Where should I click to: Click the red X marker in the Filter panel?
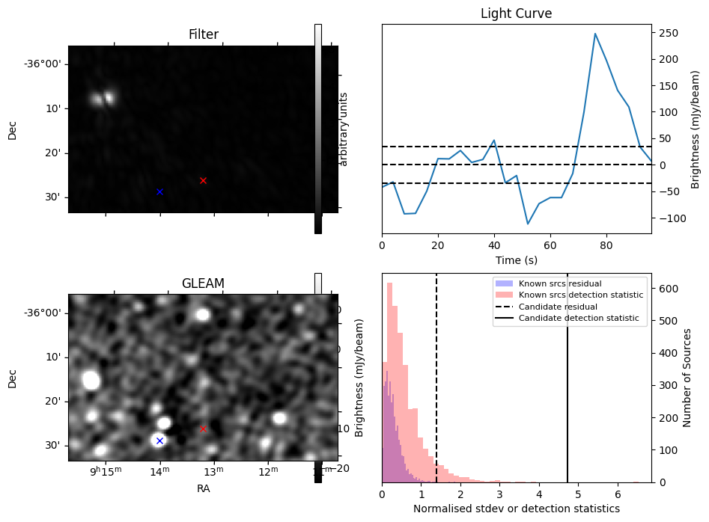(x=203, y=180)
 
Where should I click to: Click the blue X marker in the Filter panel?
(x=159, y=191)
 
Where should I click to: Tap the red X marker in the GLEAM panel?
(x=203, y=429)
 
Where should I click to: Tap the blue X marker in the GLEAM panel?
(x=159, y=440)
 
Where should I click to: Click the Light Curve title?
(x=516, y=13)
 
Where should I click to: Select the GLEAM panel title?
(x=203, y=283)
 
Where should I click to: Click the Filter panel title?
(x=203, y=34)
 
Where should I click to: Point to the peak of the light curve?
(x=595, y=34)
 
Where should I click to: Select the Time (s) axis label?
(x=516, y=260)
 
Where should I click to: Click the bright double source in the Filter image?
(x=103, y=98)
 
